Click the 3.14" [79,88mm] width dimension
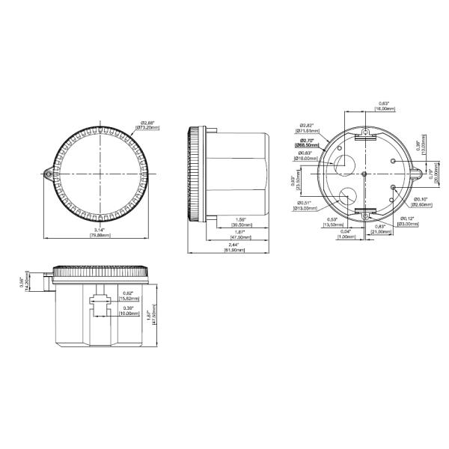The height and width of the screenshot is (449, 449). pos(100,233)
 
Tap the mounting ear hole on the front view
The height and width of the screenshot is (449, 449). pos(49,174)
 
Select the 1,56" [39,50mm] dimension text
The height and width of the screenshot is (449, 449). pos(240,221)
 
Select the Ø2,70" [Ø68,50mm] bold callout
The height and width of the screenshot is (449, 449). pos(308,143)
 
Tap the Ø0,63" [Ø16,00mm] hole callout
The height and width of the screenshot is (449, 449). pos(307,156)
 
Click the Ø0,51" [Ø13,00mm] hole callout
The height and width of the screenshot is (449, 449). pos(308,205)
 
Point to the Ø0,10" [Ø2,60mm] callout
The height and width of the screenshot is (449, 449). pos(424,201)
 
